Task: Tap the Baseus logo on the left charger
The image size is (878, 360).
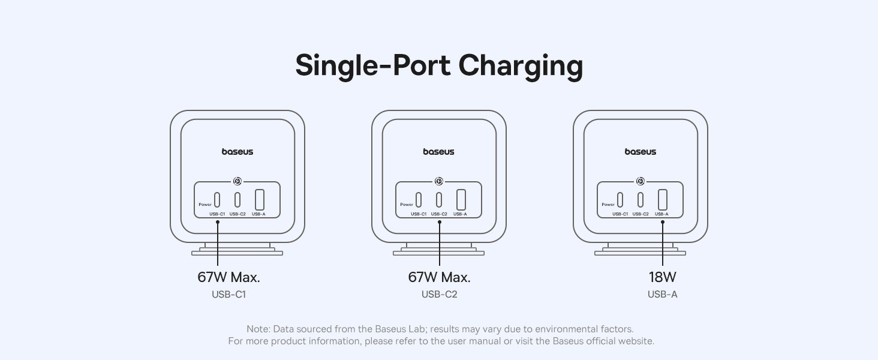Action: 237,152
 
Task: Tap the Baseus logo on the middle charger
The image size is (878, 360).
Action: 439,152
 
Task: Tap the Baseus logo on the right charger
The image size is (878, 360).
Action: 641,152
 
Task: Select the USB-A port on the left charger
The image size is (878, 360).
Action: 260,199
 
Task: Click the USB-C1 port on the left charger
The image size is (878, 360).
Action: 217,199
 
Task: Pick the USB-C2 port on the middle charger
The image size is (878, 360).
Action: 439,199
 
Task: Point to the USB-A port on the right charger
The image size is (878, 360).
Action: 663,199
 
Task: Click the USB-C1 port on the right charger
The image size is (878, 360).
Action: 620,199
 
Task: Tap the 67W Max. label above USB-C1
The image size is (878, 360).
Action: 228,277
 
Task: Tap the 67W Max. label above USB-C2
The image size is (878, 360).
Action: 439,277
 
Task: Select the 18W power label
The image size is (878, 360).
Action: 662,277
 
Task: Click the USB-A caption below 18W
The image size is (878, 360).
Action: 662,294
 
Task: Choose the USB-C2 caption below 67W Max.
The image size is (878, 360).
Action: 439,294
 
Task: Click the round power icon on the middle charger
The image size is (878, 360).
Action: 439,181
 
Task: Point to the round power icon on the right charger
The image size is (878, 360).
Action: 641,181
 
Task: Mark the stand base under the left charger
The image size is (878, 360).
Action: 237,253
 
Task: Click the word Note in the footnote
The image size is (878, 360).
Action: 257,329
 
